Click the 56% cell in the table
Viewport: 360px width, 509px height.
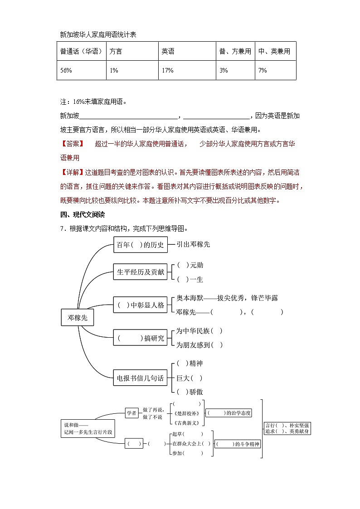point(66,70)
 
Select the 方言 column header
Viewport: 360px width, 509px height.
point(116,51)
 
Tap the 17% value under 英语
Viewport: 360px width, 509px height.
point(167,70)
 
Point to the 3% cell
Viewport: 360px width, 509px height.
point(224,70)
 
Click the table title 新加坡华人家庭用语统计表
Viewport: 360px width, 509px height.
point(98,34)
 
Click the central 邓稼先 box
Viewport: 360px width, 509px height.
point(78,318)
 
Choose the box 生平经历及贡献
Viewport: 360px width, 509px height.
point(141,272)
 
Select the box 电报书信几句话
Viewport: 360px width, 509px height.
point(141,378)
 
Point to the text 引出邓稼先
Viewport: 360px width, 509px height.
point(194,244)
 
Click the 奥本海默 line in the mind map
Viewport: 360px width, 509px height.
point(227,298)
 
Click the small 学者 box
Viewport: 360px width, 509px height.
point(131,413)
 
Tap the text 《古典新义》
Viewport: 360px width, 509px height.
point(186,423)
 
